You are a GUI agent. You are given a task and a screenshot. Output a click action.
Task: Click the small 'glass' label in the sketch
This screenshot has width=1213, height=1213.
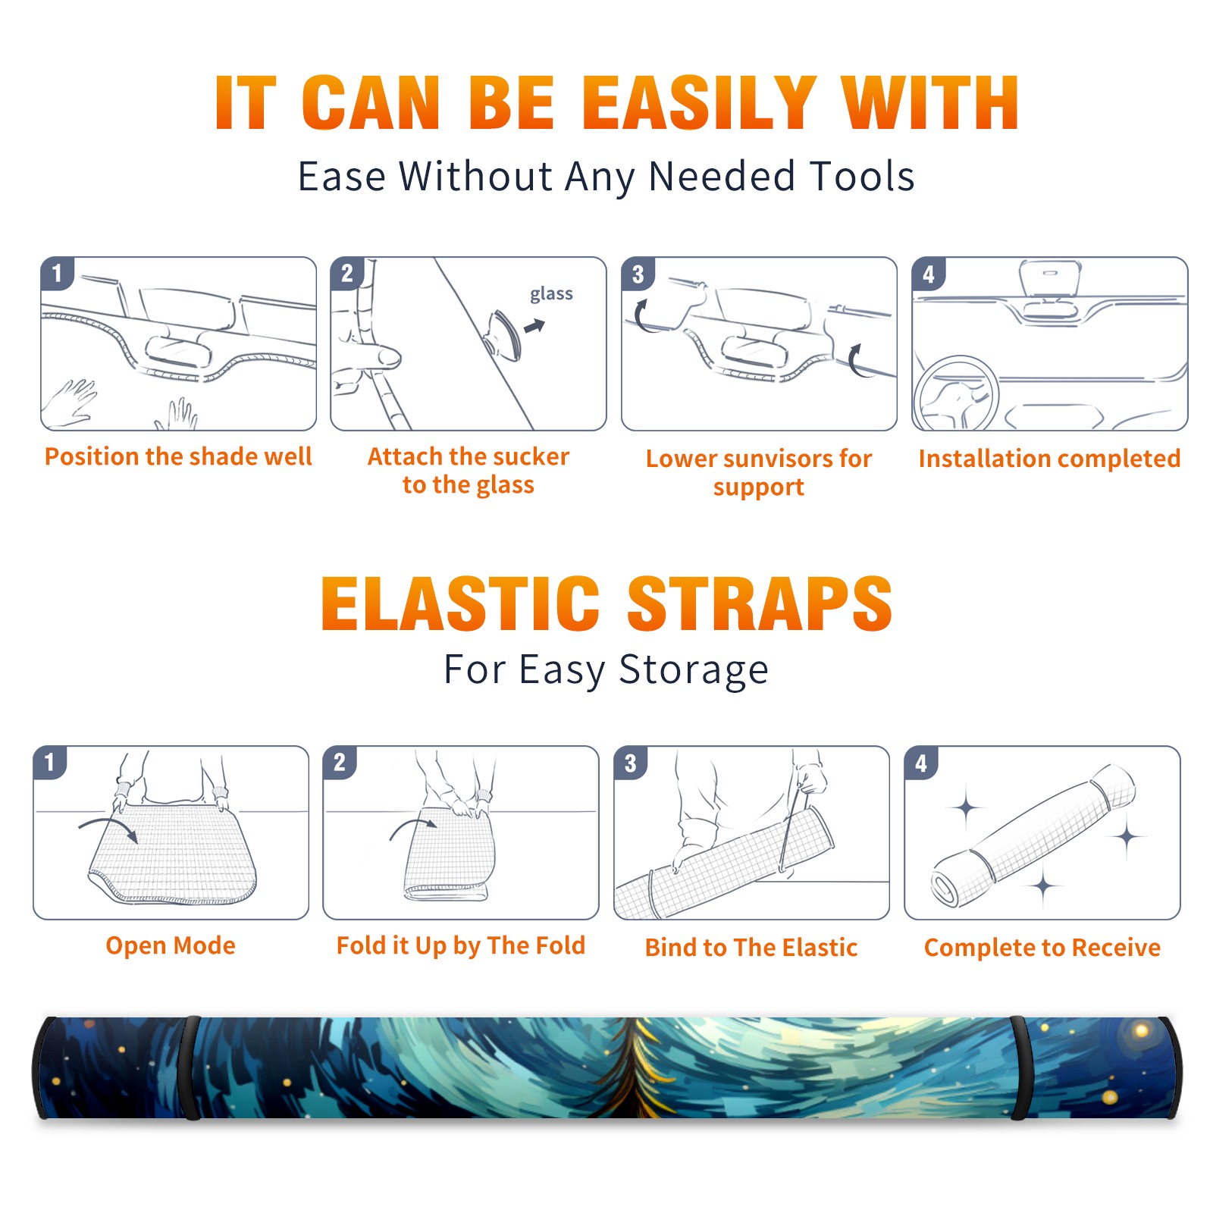(x=551, y=294)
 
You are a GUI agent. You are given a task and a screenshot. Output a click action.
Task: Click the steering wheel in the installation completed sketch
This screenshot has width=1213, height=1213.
(x=956, y=393)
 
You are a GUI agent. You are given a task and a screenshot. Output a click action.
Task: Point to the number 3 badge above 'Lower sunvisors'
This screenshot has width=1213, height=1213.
(x=638, y=274)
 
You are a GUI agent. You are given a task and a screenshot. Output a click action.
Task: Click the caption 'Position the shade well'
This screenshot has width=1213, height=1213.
(x=178, y=456)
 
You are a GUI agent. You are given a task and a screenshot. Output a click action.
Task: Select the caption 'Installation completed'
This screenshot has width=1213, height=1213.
(x=1049, y=458)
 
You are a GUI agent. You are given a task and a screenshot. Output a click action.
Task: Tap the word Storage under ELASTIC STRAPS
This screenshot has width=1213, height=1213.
(x=694, y=670)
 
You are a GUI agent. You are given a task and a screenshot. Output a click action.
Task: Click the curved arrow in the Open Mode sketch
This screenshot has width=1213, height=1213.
(x=109, y=826)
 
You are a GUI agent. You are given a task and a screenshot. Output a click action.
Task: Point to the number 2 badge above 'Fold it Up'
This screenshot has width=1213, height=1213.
(x=340, y=762)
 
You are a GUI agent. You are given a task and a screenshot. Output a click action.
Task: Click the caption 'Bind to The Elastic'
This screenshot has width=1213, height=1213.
(x=751, y=947)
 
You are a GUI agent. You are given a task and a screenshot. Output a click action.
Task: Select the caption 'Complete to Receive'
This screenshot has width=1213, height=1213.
(x=1042, y=947)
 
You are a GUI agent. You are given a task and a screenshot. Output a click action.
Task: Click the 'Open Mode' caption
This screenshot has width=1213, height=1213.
(x=171, y=945)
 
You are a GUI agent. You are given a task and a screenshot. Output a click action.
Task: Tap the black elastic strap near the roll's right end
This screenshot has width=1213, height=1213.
(x=1018, y=1067)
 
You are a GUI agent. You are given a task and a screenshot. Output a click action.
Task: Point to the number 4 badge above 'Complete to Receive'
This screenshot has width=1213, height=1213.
(x=921, y=763)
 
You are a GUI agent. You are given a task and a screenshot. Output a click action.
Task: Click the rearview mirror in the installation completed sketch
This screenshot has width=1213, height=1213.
(x=1050, y=277)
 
